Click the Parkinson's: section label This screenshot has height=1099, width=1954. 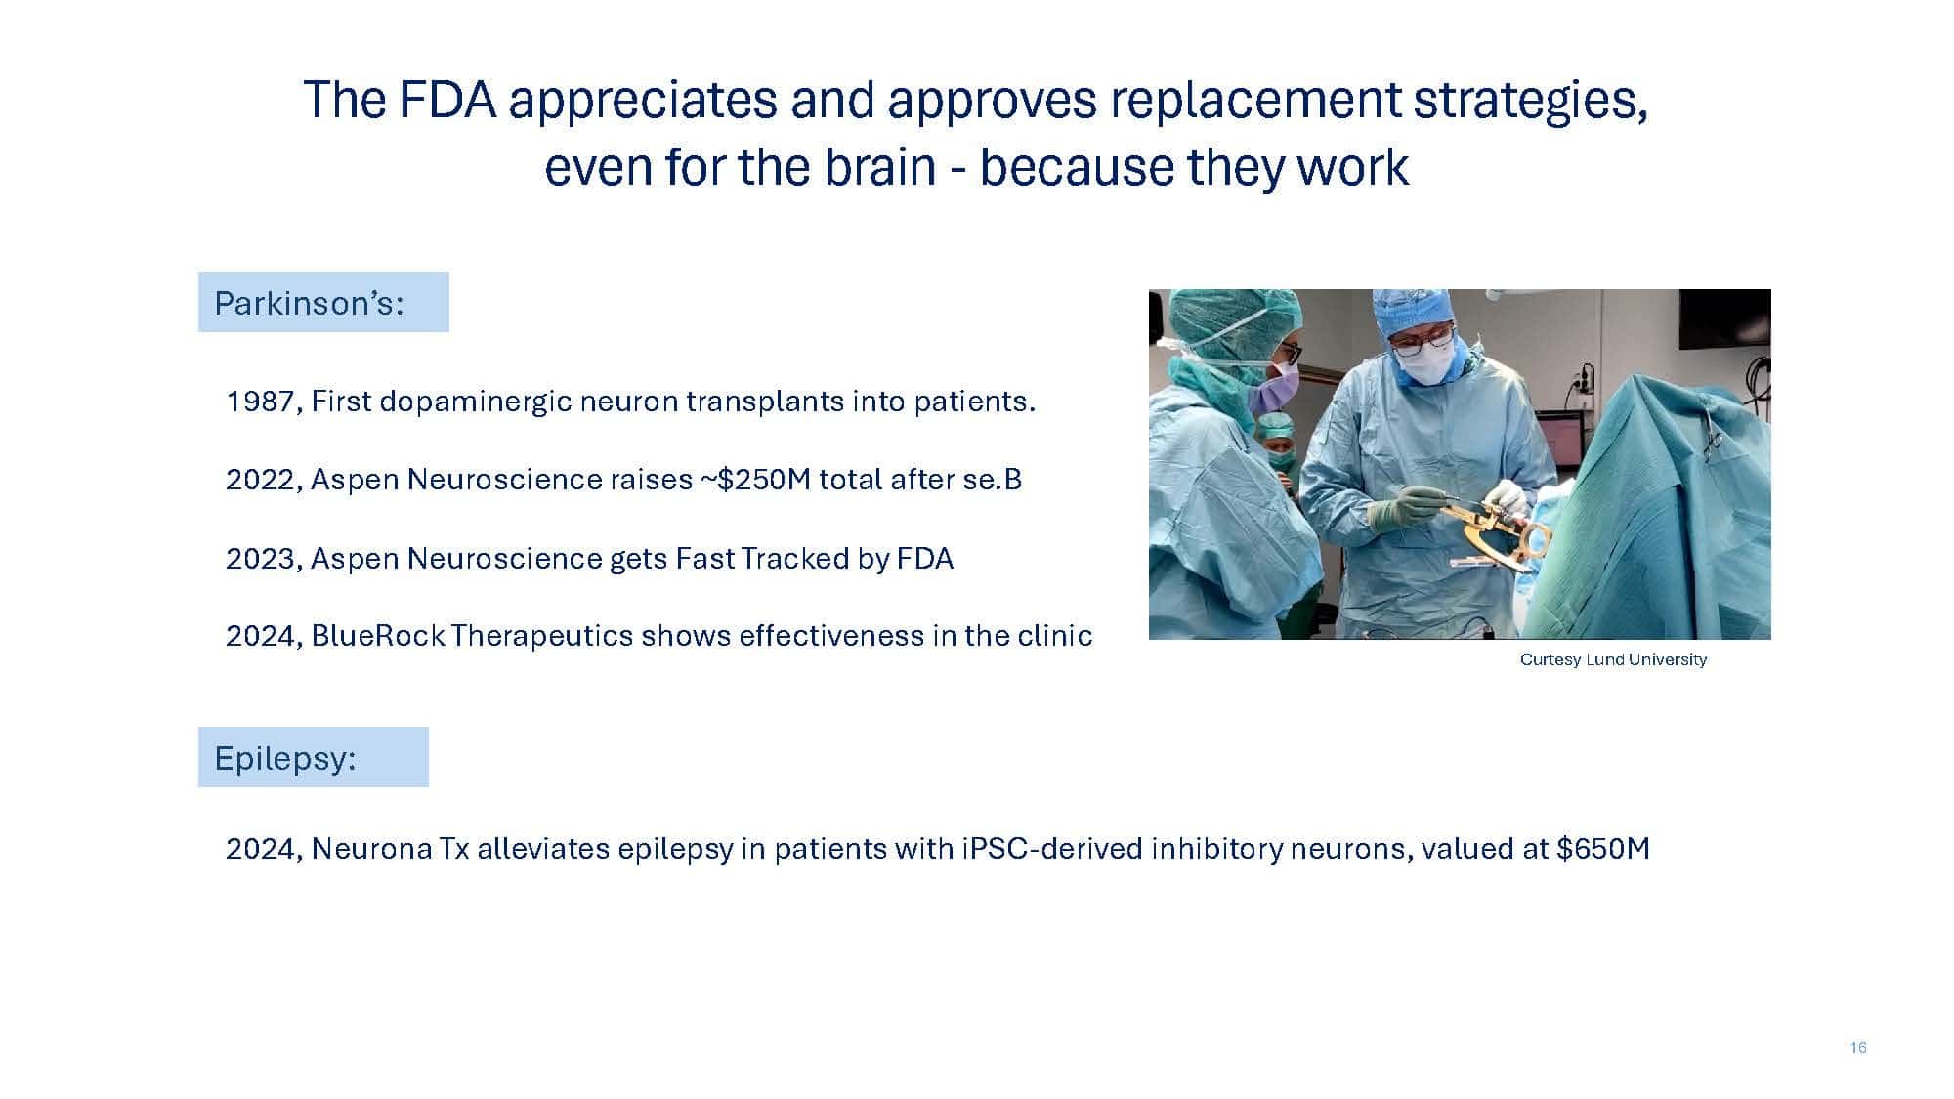coord(309,303)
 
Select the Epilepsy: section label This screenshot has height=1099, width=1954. coord(285,758)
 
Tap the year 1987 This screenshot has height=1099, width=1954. coord(260,402)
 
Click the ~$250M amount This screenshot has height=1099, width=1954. coord(755,480)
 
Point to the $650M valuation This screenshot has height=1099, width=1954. coord(1603,848)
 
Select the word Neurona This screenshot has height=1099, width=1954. coord(371,848)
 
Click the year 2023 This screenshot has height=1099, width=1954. coord(261,559)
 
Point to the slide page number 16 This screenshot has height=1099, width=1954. coord(1858,1048)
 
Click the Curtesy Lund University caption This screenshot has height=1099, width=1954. coord(1613,659)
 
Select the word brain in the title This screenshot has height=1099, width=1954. coord(879,167)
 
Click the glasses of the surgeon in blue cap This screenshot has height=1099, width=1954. coord(1422,341)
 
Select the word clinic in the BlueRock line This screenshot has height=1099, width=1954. coord(1055,636)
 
